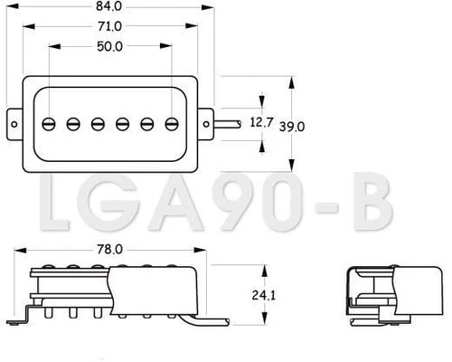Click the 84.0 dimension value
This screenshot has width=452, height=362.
[x=108, y=6]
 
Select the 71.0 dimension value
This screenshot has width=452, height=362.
[x=109, y=26]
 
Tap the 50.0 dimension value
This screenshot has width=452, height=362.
[x=109, y=47]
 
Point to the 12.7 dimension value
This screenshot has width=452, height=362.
[x=261, y=122]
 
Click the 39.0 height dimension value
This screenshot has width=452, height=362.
[x=292, y=127]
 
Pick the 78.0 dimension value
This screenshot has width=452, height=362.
[x=109, y=250]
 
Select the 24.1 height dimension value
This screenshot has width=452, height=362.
[x=264, y=295]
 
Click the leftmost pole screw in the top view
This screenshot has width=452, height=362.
[x=49, y=124]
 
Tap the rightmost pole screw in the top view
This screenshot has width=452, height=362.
[x=172, y=124]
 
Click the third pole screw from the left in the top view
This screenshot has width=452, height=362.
[x=98, y=124]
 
